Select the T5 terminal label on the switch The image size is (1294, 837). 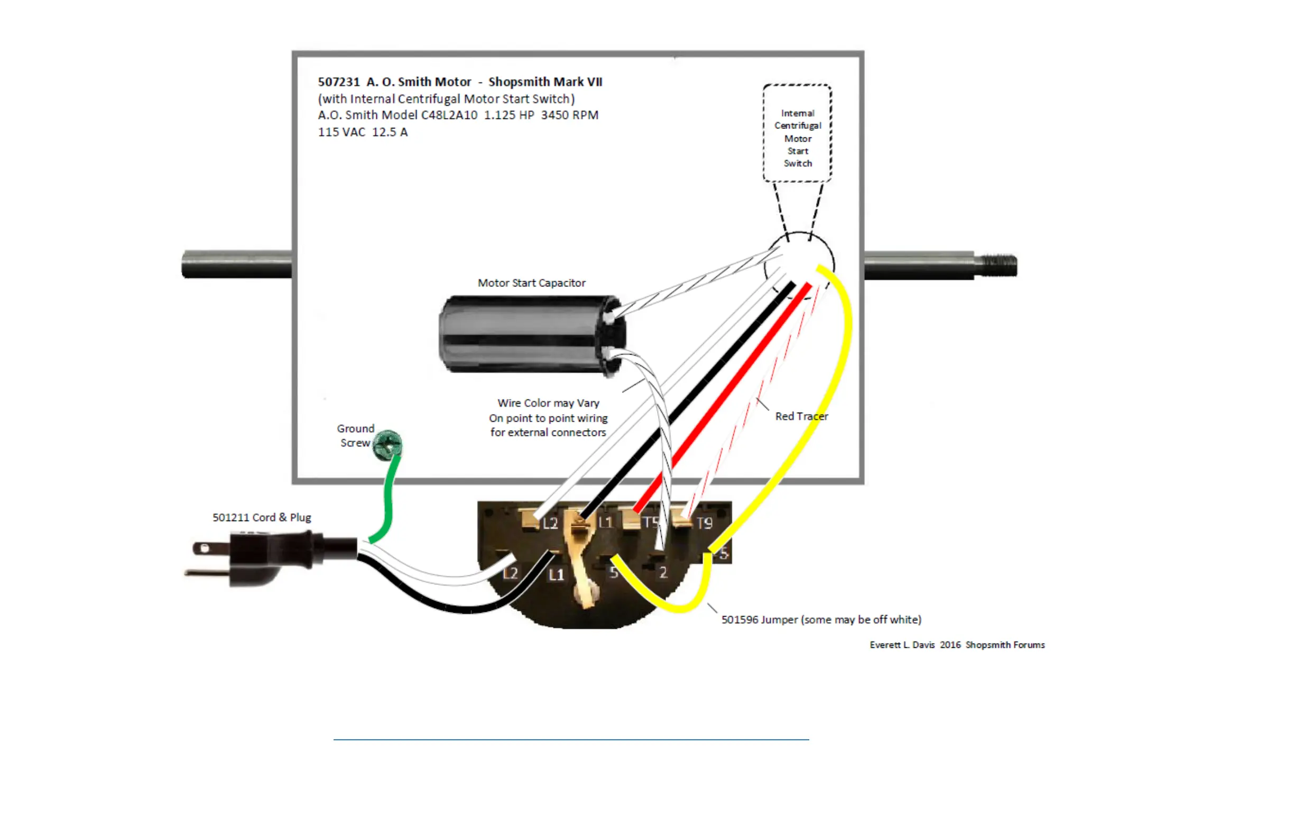pos(650,522)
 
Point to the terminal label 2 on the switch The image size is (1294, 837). pos(663,572)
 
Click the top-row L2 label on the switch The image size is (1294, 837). pos(550,524)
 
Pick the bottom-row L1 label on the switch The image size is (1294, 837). pos(556,574)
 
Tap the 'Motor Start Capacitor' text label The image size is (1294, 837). pos(531,283)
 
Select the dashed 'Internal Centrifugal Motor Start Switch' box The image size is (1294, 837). pos(797,133)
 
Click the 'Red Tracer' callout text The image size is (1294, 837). pos(801,416)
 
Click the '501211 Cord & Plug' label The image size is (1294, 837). pos(262,517)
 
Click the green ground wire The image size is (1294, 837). pos(389,500)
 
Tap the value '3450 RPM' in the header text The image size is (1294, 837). pos(569,115)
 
